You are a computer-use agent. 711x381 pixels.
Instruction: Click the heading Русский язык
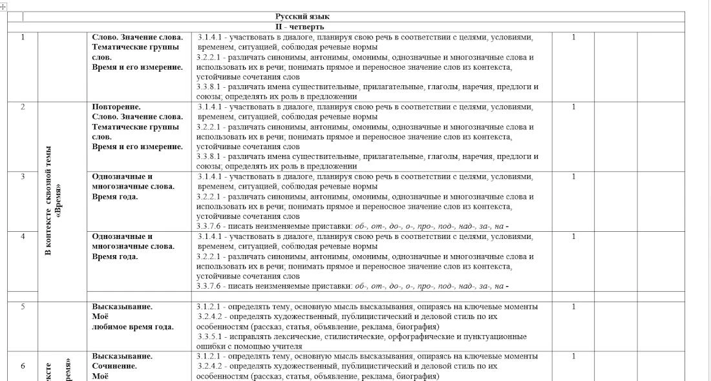(x=302, y=17)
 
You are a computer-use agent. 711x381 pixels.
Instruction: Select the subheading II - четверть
(x=299, y=27)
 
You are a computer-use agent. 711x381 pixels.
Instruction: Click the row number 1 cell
(x=23, y=37)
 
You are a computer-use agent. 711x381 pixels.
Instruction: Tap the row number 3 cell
(x=23, y=176)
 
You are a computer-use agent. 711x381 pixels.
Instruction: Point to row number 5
(x=23, y=307)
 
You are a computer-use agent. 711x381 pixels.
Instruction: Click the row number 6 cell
(x=23, y=366)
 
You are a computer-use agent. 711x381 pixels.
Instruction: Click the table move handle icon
(x=4, y=5)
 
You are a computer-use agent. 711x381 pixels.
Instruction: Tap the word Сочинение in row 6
(x=114, y=366)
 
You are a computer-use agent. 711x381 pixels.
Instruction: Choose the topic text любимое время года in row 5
(x=133, y=327)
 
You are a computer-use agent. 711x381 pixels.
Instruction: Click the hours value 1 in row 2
(x=573, y=107)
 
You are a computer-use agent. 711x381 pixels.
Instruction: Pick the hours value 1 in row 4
(x=573, y=236)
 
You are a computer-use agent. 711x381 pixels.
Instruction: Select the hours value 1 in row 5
(x=573, y=307)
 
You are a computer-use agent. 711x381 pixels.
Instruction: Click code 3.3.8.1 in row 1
(x=211, y=87)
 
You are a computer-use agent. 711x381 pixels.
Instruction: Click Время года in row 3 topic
(x=115, y=196)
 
